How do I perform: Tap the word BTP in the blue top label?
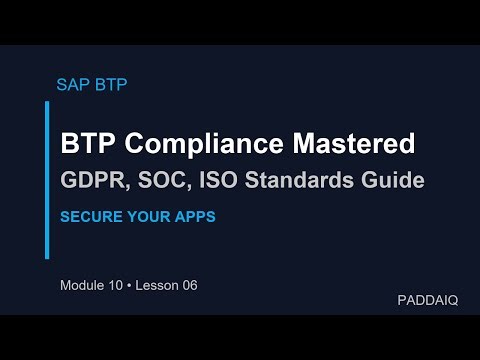[110, 84]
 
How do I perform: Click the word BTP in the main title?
[87, 144]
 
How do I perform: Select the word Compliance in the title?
[212, 144]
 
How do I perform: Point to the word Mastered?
[356, 144]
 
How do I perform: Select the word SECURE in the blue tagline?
[90, 216]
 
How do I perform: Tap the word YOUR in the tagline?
[151, 216]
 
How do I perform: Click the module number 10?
[118, 286]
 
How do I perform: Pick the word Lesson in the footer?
[159, 286]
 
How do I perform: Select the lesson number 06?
[189, 286]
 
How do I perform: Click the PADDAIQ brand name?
[427, 300]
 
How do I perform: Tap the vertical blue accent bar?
[47, 180]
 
